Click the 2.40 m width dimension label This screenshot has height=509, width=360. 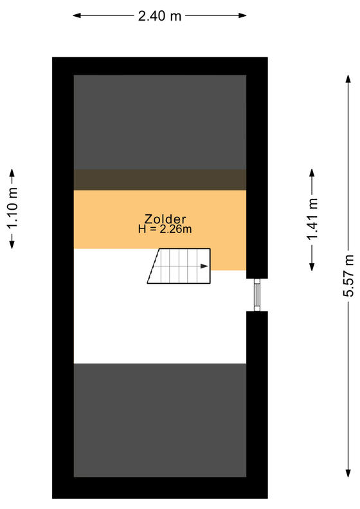159,15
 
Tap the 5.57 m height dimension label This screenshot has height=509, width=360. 348,275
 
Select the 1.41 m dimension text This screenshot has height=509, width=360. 312,219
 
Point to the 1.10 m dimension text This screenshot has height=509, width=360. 12,208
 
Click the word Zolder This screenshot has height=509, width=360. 165,219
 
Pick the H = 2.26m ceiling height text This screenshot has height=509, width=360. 165,229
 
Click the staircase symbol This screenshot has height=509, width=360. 179,266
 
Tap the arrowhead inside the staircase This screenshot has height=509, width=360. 204,266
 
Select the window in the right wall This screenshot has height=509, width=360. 257,295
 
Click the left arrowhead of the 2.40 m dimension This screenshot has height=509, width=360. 76,15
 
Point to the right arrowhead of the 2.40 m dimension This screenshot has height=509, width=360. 242,15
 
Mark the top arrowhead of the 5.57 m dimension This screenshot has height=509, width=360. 348,79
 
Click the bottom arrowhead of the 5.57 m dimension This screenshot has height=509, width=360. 348,473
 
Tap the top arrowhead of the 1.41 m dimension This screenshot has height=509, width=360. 312,172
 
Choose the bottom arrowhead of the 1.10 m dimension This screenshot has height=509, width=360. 12,245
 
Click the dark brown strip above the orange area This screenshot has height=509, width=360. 160,180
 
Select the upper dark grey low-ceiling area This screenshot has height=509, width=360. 160,122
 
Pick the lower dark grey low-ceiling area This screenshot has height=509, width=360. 160,420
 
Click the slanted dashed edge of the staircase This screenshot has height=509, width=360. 154,266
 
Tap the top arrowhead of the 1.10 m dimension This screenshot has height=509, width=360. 12,172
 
